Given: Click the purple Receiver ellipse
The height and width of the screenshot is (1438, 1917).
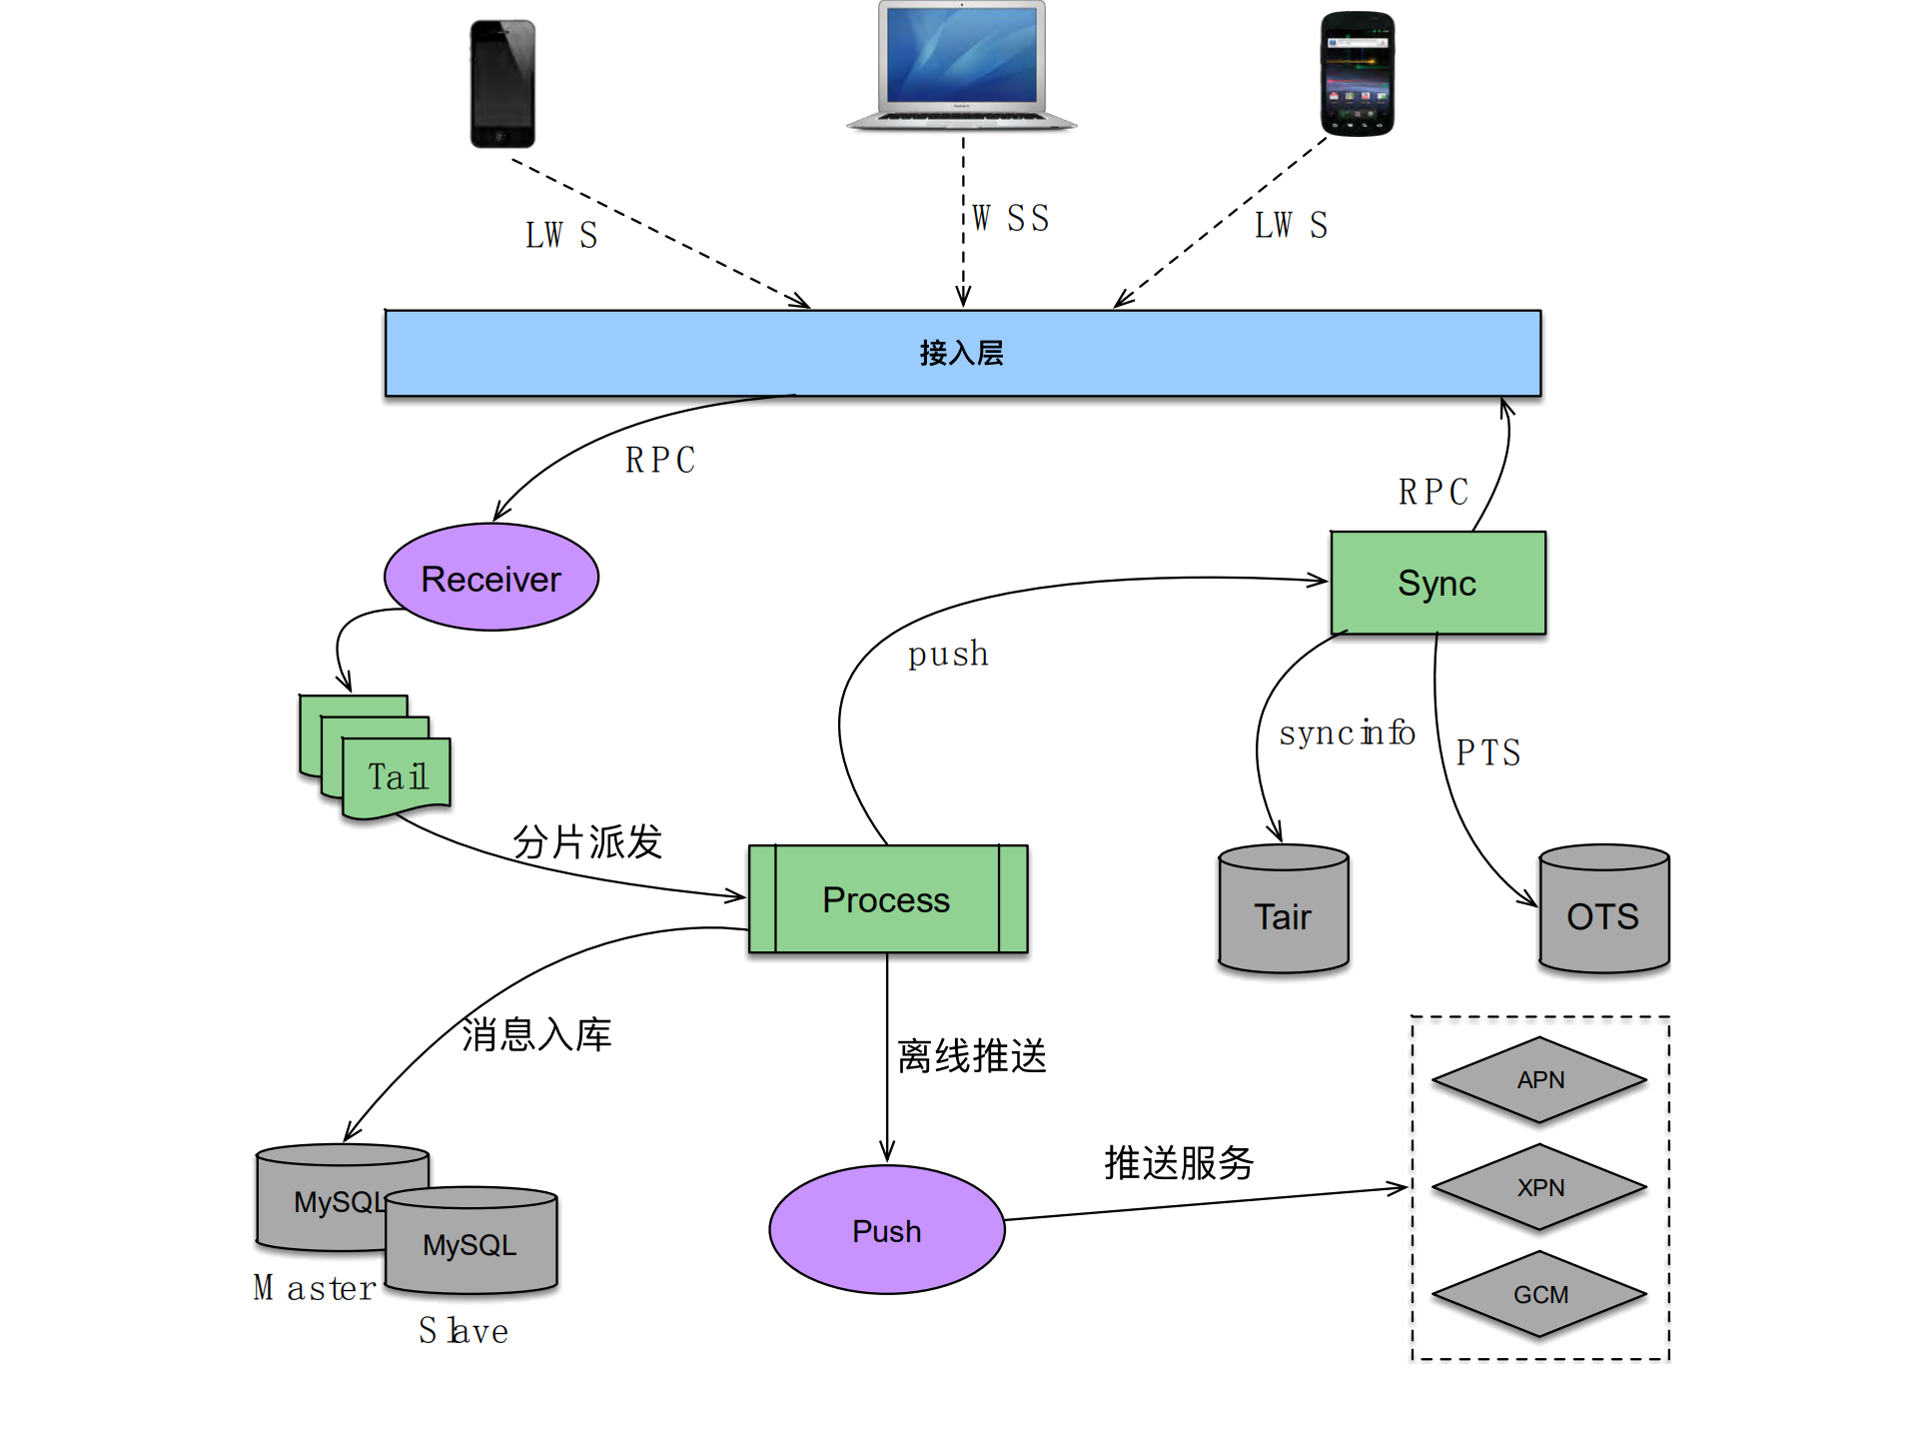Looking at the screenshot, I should click(x=490, y=578).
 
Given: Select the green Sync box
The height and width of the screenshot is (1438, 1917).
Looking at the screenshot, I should click(x=1438, y=583).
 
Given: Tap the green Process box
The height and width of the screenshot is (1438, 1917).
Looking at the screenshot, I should click(x=887, y=899).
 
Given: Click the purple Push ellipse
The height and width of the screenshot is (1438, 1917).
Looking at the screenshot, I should click(x=886, y=1230).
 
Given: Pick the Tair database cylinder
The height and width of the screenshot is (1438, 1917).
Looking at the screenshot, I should click(x=1283, y=911).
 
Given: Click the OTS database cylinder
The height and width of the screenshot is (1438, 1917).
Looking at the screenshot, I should click(x=1603, y=911).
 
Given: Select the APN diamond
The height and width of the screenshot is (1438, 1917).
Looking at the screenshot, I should click(x=1539, y=1079).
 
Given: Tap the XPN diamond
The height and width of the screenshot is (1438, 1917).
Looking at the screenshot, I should click(x=1539, y=1187).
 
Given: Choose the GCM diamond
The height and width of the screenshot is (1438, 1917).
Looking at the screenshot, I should click(x=1539, y=1294).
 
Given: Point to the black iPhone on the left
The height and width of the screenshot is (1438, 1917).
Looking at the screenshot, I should click(x=502, y=84).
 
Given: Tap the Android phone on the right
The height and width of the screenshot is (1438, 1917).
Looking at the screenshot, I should click(x=1357, y=74).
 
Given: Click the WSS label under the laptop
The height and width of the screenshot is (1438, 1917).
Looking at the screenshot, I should click(x=1010, y=218).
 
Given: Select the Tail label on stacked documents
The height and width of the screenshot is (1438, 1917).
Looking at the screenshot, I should click(x=398, y=776).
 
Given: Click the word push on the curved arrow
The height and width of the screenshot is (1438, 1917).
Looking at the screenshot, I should click(x=947, y=655).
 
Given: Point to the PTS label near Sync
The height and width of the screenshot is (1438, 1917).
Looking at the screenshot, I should click(x=1487, y=752).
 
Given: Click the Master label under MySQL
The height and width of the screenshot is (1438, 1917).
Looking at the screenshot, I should click(x=315, y=1288).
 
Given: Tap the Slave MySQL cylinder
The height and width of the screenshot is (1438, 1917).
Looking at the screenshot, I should click(x=471, y=1241).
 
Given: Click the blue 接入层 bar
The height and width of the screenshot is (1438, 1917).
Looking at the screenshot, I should click(x=962, y=353).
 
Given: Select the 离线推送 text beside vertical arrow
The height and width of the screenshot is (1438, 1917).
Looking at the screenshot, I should click(x=971, y=1055).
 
